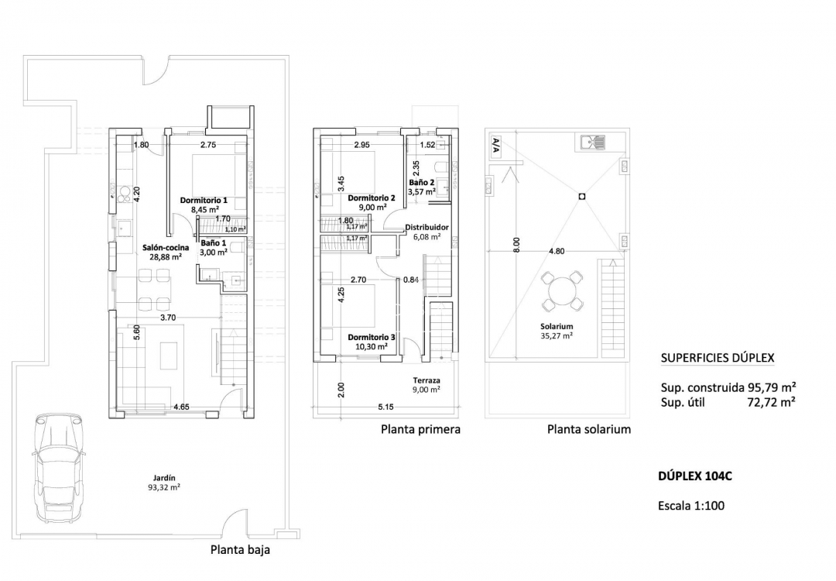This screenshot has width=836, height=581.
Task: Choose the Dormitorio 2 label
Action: (372, 202)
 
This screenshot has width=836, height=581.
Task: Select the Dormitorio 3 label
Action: (372, 342)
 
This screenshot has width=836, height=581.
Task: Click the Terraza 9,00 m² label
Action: (426, 385)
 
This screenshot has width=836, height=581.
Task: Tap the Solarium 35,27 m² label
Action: (557, 331)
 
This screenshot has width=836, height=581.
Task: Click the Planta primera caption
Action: (420, 429)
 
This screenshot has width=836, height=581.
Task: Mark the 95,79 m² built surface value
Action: (771, 387)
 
